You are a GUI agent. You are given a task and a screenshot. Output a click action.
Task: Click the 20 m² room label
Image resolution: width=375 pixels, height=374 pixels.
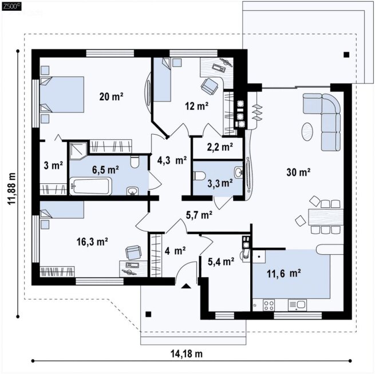111,97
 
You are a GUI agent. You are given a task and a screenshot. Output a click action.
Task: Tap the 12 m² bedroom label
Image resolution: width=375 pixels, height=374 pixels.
196,106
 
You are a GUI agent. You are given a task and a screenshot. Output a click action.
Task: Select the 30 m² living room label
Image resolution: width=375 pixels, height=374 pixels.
298,172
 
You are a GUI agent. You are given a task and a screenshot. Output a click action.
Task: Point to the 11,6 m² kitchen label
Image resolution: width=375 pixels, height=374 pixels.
283,273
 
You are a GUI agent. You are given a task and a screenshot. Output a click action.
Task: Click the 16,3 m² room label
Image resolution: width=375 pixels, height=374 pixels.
92,242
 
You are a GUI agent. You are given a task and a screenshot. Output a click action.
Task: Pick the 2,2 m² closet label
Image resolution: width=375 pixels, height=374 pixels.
220,147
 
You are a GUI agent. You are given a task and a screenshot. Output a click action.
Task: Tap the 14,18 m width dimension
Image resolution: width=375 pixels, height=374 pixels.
187,353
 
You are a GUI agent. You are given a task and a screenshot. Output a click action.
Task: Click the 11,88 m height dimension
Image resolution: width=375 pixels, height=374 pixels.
11,188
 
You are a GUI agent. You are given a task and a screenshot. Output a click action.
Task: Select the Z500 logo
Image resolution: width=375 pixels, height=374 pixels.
11,6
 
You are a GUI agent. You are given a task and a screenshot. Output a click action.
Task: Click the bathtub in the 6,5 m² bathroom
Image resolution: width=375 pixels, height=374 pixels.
90,186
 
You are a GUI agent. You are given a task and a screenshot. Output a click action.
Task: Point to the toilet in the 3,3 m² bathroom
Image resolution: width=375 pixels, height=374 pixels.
199,176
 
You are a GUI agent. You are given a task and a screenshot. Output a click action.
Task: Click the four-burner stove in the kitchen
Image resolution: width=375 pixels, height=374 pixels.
269,305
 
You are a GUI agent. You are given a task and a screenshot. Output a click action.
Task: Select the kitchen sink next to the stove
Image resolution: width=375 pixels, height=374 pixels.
297,305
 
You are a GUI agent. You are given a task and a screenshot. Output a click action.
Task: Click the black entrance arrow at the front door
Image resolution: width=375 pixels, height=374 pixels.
186,286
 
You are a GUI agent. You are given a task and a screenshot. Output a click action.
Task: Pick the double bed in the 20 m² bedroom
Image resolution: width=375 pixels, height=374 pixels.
62,95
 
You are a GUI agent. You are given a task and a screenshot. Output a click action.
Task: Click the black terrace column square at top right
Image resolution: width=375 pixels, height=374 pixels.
346,55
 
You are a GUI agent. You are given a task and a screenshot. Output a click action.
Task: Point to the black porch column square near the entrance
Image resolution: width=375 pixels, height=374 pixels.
148,314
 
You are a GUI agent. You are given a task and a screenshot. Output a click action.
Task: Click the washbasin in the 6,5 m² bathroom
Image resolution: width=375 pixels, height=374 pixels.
132,191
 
